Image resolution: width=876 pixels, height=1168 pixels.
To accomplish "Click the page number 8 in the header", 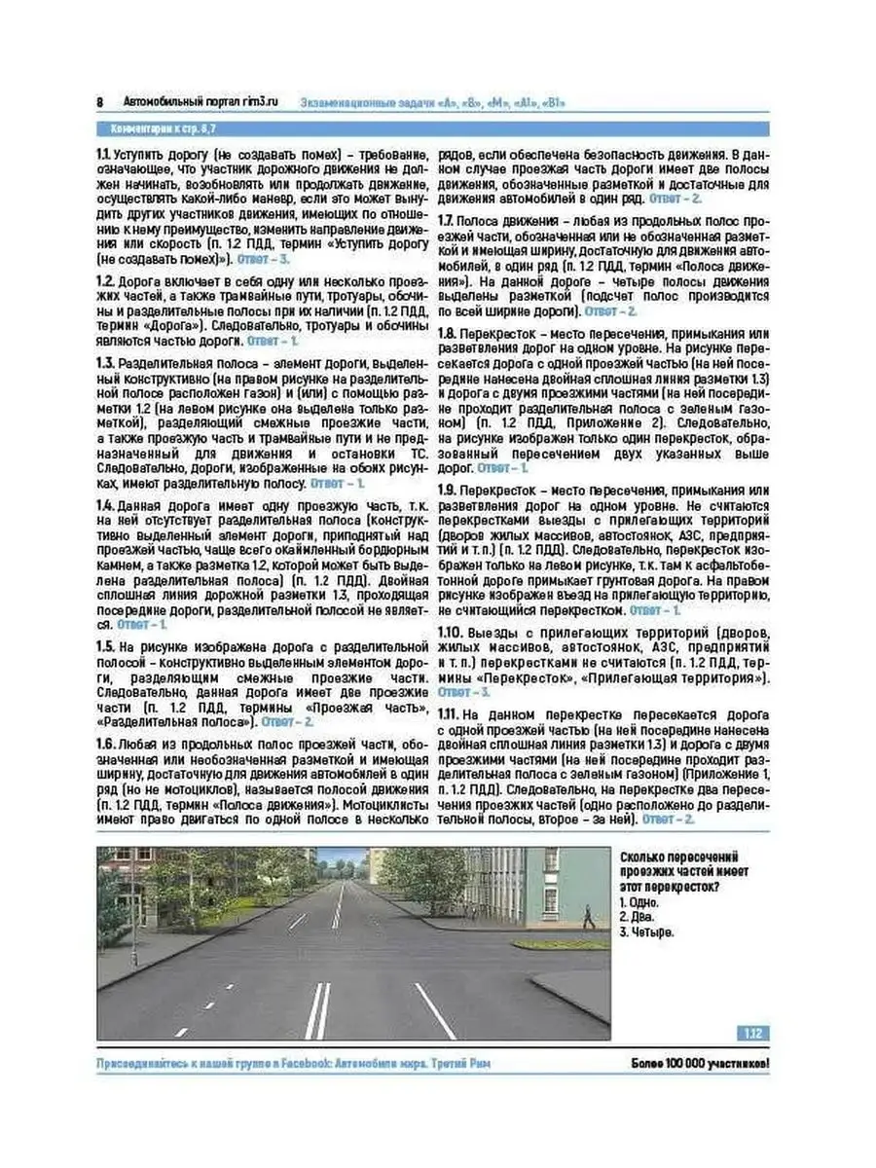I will click(x=100, y=102).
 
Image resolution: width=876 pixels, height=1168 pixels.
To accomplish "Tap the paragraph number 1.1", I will click(x=103, y=153).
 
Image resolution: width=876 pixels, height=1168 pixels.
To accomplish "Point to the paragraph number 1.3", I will click(x=105, y=362).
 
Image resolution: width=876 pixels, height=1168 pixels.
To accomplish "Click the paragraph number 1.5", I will click(x=105, y=646).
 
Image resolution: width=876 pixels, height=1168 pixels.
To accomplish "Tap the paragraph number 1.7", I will click(x=446, y=221).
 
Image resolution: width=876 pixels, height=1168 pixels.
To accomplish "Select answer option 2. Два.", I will click(x=639, y=917).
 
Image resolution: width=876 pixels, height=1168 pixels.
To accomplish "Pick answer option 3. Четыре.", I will click(x=647, y=931).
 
